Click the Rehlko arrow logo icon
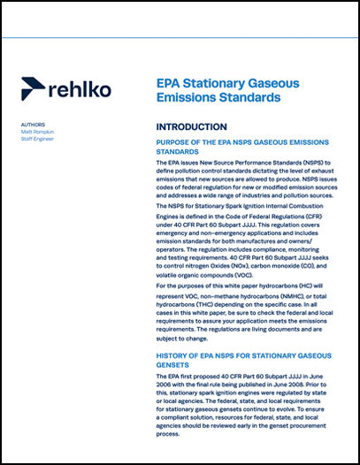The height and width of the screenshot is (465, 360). (x=34, y=88)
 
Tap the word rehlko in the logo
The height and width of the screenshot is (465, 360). (x=79, y=88)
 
